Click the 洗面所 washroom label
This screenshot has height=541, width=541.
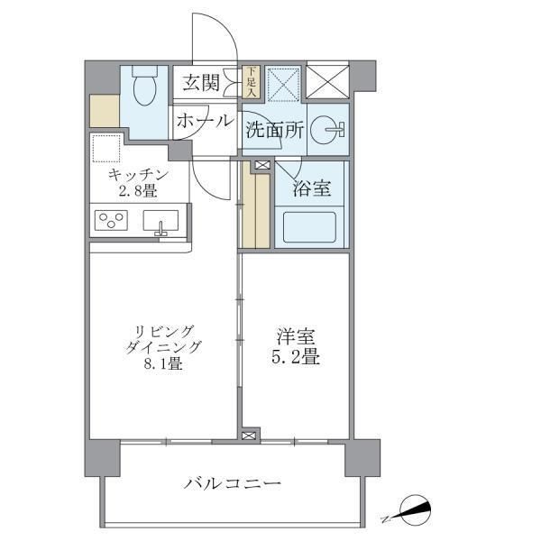coord(274,130)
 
